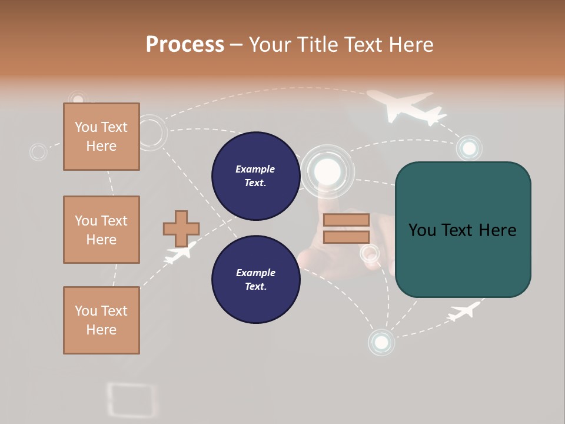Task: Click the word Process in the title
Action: [x=185, y=44]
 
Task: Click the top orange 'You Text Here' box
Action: [x=101, y=137]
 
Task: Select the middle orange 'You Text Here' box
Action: [x=101, y=230]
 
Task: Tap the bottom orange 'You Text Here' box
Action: [x=101, y=320]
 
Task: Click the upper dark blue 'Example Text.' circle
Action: [x=255, y=175]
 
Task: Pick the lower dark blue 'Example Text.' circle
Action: [x=255, y=279]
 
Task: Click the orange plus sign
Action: [x=181, y=228]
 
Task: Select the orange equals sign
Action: [x=346, y=228]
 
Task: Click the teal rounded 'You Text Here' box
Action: [x=463, y=230]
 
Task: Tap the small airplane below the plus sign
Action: [x=179, y=253]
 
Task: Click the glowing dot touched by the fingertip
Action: [x=328, y=171]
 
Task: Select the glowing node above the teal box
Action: [x=469, y=148]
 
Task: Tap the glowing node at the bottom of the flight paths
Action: [x=381, y=342]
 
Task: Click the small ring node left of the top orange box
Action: [x=38, y=152]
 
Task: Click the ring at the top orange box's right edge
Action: [x=151, y=132]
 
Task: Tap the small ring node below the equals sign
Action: [x=370, y=254]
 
